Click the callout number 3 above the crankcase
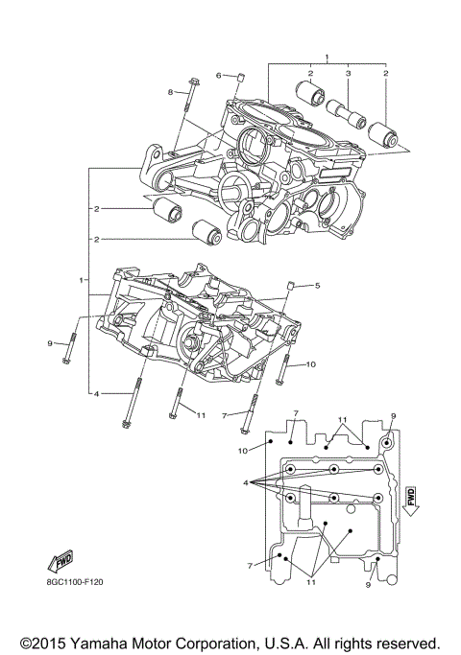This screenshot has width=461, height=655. pyautogui.click(x=349, y=74)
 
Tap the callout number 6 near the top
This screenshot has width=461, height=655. pyautogui.click(x=218, y=75)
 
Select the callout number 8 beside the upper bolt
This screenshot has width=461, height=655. pyautogui.click(x=171, y=91)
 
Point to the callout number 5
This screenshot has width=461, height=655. pyautogui.click(x=316, y=285)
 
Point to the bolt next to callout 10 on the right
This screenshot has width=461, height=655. pyautogui.click(x=284, y=368)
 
